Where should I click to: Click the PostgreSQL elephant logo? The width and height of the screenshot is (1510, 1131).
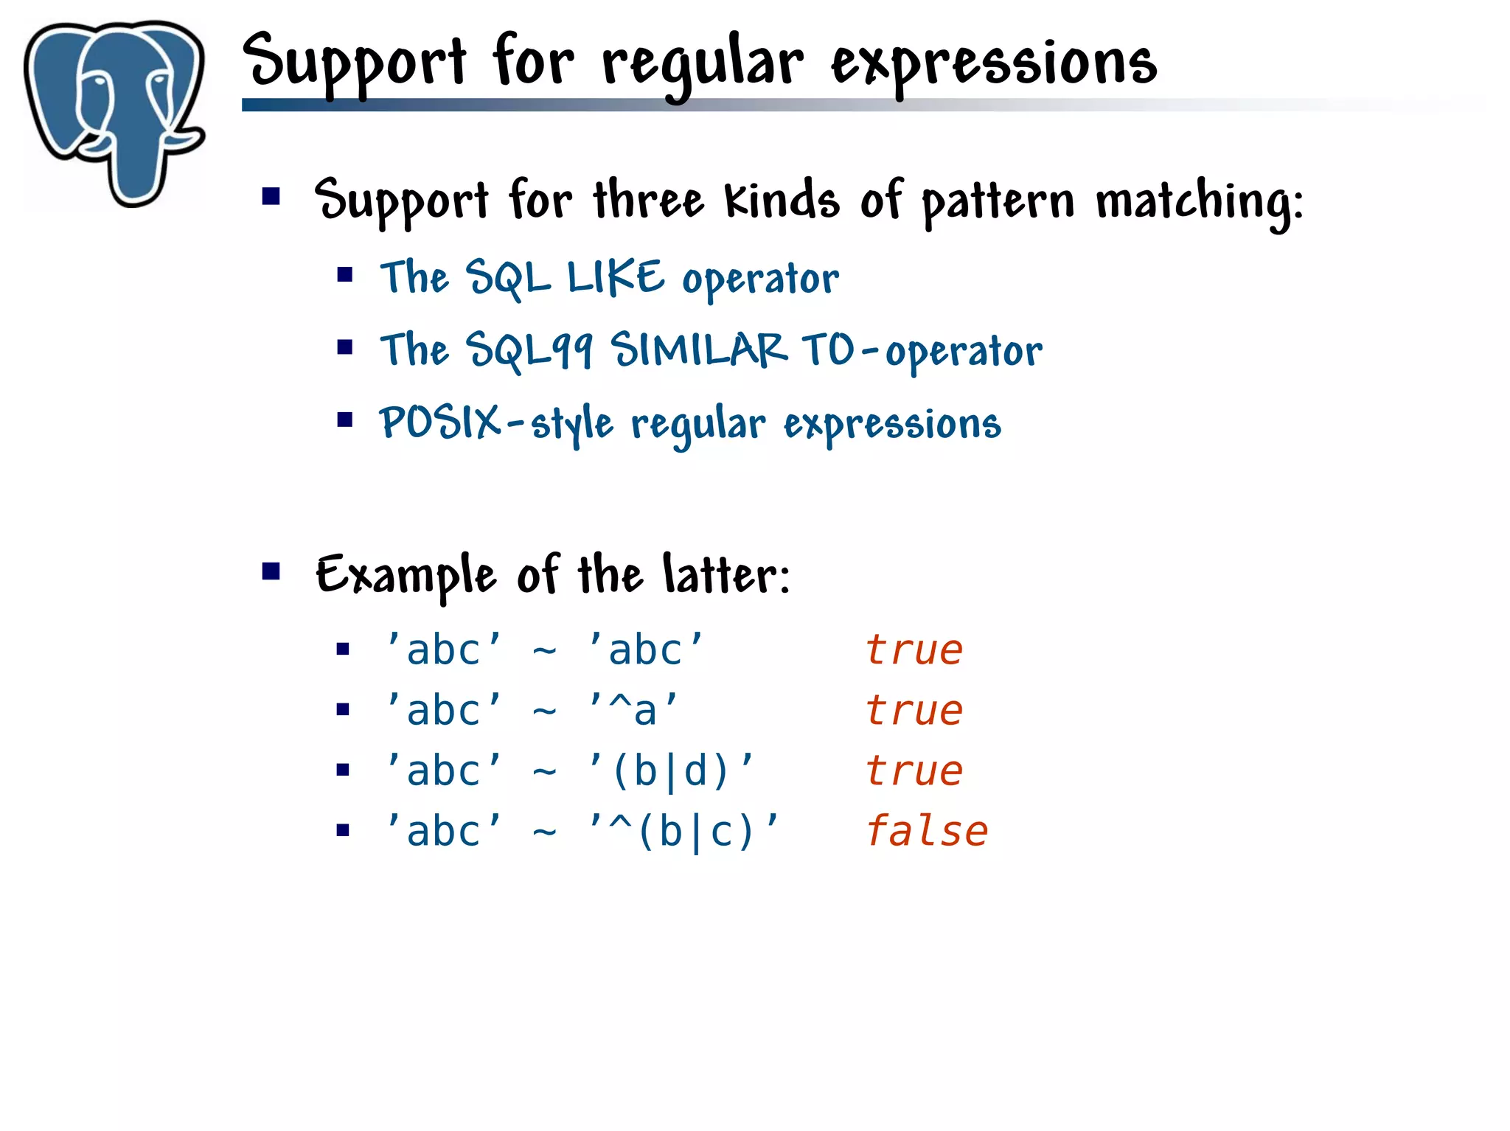click(x=114, y=111)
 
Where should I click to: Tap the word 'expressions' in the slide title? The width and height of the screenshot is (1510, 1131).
click(x=994, y=65)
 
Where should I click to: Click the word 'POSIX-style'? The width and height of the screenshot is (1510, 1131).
click(x=495, y=423)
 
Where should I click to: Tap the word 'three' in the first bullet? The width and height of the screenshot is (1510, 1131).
click(x=649, y=201)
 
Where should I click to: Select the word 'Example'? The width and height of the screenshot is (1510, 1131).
click(x=406, y=576)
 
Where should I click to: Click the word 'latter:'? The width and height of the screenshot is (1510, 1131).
click(x=726, y=574)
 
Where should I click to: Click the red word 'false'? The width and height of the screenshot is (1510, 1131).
click(x=926, y=832)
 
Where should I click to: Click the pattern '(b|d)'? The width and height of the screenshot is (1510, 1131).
click(x=670, y=771)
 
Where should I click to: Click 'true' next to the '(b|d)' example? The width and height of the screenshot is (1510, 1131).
click(x=914, y=771)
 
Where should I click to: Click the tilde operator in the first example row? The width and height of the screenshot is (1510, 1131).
click(x=544, y=651)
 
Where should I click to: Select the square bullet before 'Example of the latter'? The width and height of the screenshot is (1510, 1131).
click(x=271, y=571)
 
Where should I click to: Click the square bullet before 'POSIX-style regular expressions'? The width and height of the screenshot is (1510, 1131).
click(x=345, y=420)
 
